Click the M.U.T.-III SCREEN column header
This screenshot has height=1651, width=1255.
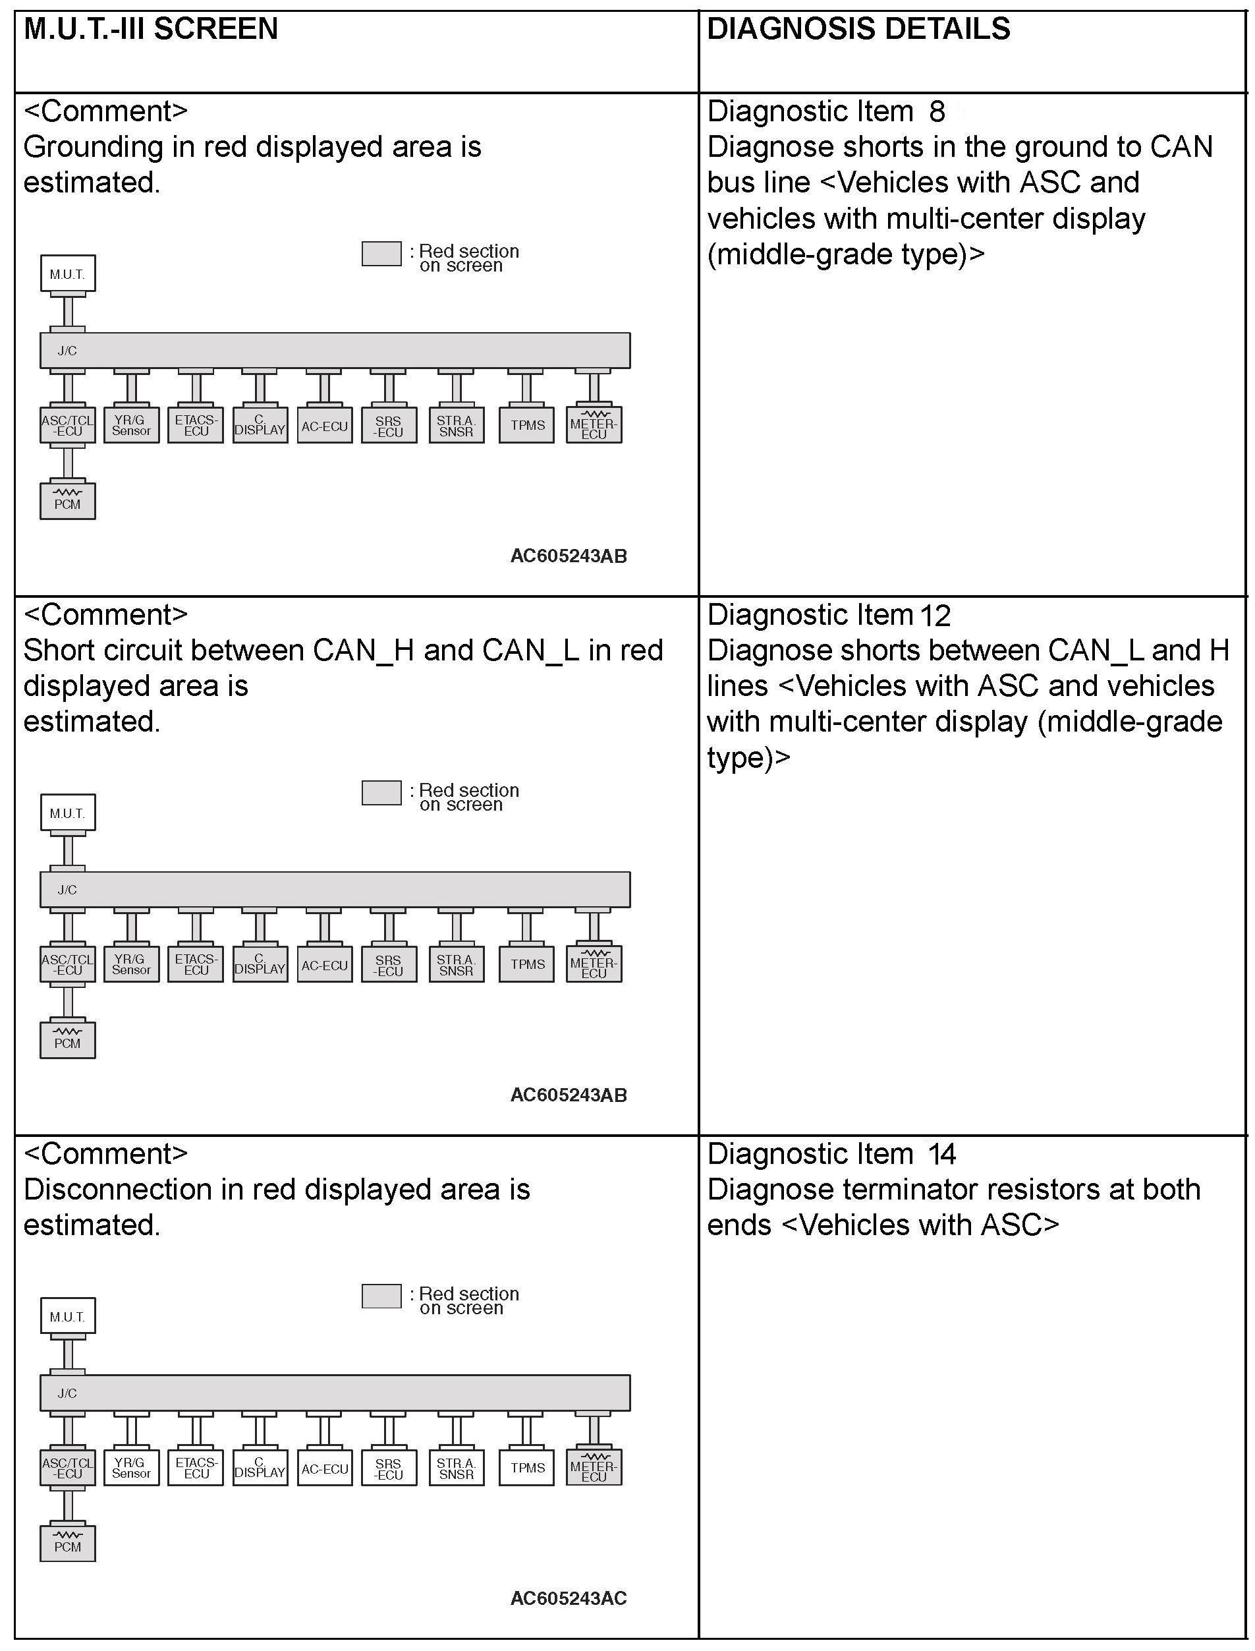[x=151, y=29]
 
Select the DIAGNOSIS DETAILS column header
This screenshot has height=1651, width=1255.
[x=858, y=29]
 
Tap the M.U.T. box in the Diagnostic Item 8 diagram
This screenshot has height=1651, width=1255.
[x=67, y=274]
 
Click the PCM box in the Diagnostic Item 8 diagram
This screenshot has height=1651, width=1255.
[x=67, y=501]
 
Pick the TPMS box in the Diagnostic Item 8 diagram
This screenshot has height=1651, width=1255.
[x=526, y=425]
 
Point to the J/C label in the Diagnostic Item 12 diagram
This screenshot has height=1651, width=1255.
[x=67, y=889]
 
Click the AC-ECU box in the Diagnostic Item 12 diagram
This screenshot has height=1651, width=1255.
[x=324, y=965]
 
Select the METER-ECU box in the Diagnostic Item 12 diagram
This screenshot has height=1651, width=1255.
[x=594, y=965]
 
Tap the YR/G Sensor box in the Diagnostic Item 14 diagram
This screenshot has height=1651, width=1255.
[x=132, y=1468]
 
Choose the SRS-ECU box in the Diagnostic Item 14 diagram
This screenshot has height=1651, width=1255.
[x=389, y=1468]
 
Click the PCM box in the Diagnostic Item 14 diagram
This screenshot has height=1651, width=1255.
[x=67, y=1544]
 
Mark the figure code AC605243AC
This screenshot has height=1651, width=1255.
[x=569, y=1599]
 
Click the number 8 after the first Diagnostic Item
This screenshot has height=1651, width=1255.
[x=937, y=112]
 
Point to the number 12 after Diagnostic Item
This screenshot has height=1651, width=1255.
[x=935, y=616]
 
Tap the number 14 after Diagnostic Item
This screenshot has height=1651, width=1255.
[x=941, y=1155]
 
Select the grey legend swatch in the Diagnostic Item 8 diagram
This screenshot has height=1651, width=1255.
[x=381, y=253]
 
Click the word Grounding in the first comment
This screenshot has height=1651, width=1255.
[x=93, y=147]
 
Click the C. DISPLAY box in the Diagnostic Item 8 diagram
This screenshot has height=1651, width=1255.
[x=260, y=425]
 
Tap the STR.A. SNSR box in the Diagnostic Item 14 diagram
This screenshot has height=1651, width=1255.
[x=456, y=1468]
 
